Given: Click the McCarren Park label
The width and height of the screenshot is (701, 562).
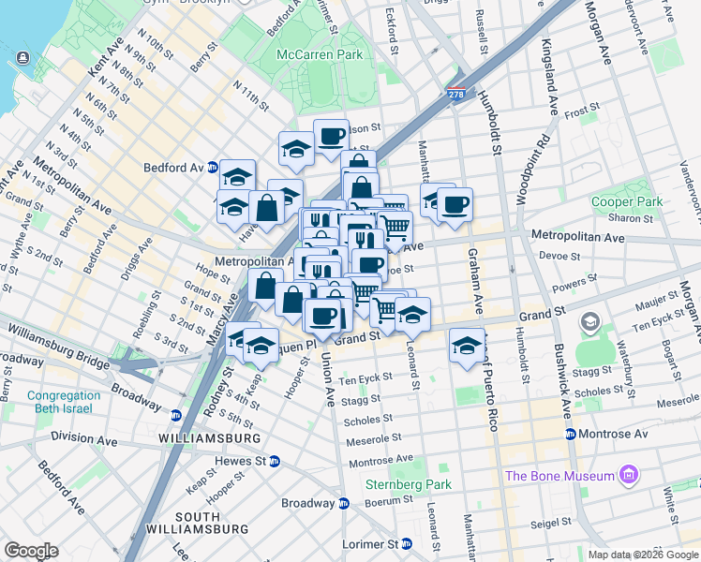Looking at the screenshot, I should pyautogui.click(x=320, y=54).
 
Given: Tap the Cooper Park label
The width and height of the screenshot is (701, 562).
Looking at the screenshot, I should pyautogui.click(x=627, y=201).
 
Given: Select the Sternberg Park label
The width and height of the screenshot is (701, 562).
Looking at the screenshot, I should pyautogui.click(x=409, y=484).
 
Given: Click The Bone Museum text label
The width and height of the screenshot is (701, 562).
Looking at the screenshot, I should pyautogui.click(x=559, y=476).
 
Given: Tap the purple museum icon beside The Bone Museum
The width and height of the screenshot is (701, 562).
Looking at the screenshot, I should pyautogui.click(x=628, y=476).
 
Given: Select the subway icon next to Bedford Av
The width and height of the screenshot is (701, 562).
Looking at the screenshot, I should pyautogui.click(x=214, y=167).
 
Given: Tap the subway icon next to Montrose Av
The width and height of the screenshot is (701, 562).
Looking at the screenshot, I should pyautogui.click(x=570, y=434).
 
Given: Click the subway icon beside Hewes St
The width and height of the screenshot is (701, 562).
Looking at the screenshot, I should pyautogui.click(x=274, y=461).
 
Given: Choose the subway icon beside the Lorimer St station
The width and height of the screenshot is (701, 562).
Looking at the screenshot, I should pyautogui.click(x=406, y=543).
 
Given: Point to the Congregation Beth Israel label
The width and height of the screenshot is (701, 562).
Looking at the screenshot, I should pyautogui.click(x=64, y=402).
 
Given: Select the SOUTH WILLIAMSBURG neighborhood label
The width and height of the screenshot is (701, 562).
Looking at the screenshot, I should pyautogui.click(x=197, y=524).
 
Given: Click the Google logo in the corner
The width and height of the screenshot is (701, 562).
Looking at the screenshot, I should pyautogui.click(x=31, y=550).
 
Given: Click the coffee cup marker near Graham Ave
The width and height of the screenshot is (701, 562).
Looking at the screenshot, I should pyautogui.click(x=455, y=204).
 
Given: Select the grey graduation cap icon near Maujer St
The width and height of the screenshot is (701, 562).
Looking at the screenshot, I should pyautogui.click(x=590, y=323).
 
